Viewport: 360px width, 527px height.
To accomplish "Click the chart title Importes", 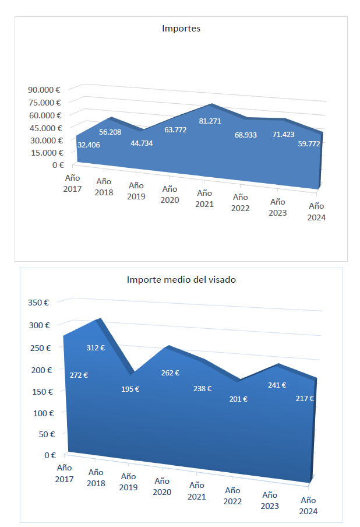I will tap(181, 28).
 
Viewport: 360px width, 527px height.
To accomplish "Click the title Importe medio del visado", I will tap(181, 279).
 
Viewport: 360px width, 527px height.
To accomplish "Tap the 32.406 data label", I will tap(89, 145).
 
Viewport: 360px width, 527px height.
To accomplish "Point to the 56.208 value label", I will tap(110, 132).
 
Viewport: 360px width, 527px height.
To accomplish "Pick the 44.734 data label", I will tap(142, 143).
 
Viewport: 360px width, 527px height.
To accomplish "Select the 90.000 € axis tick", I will tap(44, 90).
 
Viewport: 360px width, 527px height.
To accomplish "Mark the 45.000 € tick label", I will tap(44, 128).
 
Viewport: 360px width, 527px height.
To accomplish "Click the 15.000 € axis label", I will tap(44, 153).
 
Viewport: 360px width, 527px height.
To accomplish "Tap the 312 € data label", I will tap(96, 347).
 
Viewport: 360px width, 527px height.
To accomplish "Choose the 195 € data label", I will tap(130, 389).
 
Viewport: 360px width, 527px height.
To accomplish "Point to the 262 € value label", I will tap(170, 373).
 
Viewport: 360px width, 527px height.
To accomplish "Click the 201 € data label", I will tap(238, 399).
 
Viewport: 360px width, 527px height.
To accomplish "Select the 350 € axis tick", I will tap(38, 303).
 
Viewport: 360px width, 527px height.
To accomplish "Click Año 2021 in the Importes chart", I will tap(204, 198).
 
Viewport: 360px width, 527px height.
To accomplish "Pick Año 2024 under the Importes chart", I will tap(316, 212).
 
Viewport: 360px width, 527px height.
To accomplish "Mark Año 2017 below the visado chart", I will tap(64, 473).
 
